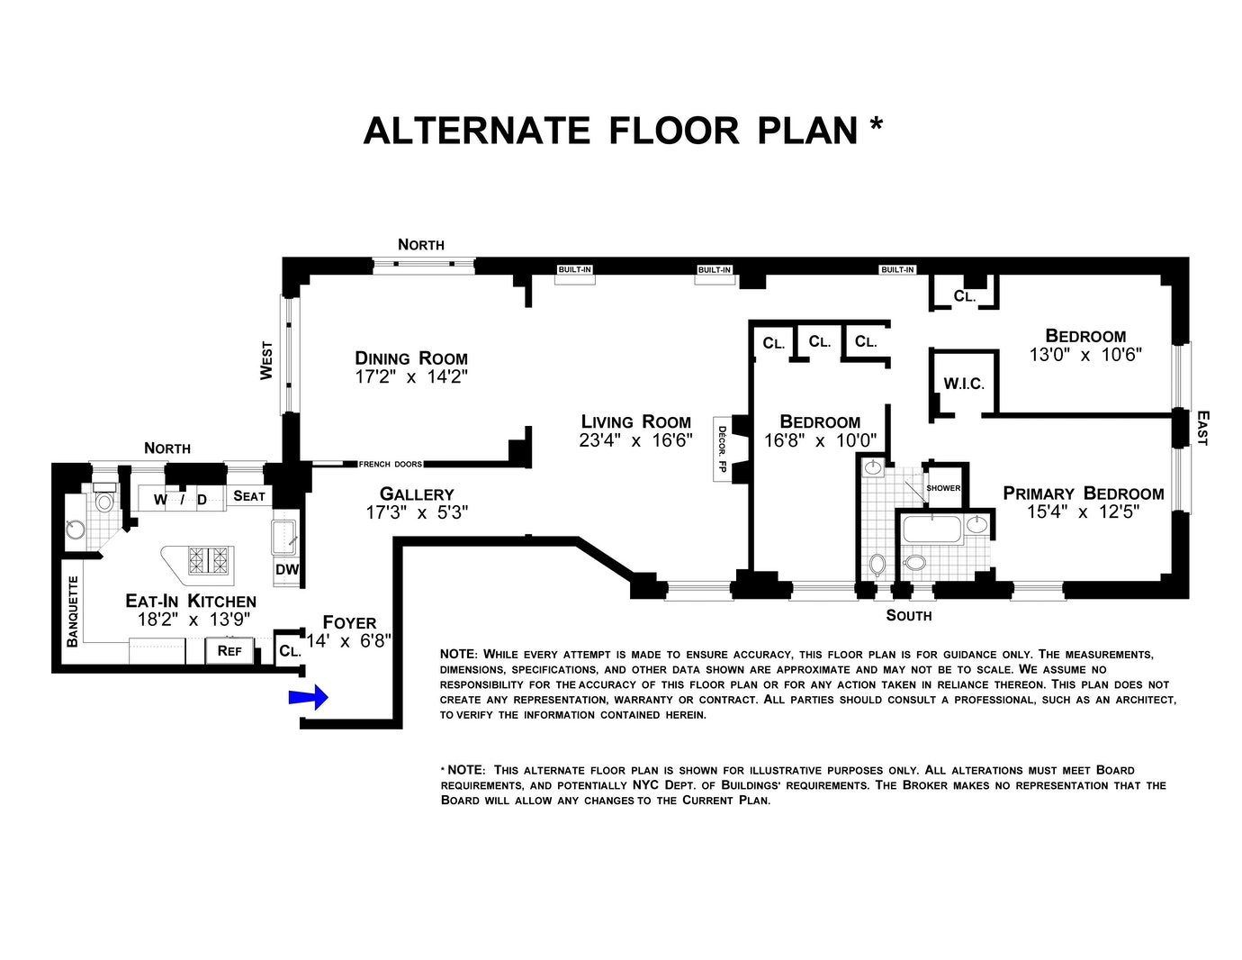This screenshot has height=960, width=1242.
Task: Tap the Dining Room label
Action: pos(411,358)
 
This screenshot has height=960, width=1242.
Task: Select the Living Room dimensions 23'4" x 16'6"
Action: pos(635,440)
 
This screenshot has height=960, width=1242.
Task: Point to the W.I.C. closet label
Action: pos(964,384)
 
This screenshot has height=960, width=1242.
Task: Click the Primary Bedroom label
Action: pos(1084,494)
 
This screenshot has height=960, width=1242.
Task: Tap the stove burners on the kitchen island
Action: pos(210,560)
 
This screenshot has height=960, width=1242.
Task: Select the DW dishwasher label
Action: pos(287,569)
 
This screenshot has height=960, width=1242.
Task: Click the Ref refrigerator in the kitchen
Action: pos(229,650)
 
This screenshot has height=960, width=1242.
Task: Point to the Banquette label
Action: pos(73,611)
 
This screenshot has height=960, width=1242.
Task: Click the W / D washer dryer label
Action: pos(180,499)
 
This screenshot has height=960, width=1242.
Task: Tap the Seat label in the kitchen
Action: pos(249,496)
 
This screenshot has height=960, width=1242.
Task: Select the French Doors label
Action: pos(390,465)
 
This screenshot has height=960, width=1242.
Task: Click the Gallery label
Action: pos(417,494)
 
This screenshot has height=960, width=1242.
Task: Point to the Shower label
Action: pos(943,488)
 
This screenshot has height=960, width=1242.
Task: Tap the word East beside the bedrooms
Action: pos(1202,428)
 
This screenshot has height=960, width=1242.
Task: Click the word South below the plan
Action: pos(909,615)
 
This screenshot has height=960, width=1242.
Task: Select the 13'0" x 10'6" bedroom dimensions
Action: pos(1085,355)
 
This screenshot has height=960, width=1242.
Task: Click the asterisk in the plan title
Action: pos(876,123)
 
